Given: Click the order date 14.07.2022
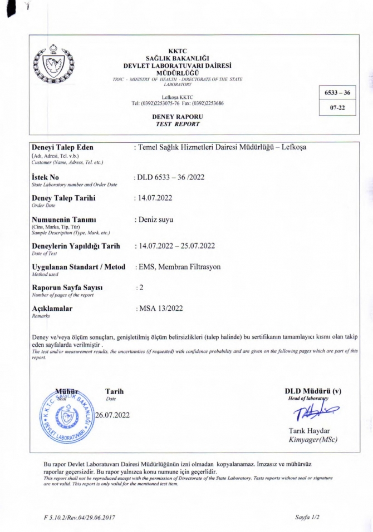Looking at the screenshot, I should [x=156, y=198].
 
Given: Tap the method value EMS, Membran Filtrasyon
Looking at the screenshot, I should [x=178, y=267].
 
